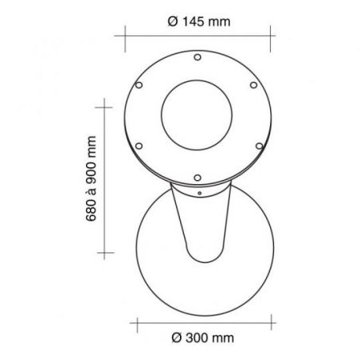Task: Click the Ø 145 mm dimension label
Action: point(199,22)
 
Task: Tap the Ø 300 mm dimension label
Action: point(203,338)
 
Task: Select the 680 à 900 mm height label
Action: point(91,178)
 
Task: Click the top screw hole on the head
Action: point(198,57)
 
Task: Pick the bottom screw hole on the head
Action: point(198,178)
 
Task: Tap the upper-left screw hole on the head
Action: point(139,85)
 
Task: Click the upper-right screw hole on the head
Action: point(253,85)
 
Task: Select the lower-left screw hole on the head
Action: point(139,146)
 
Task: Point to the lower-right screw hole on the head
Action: point(259,146)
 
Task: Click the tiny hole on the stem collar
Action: point(199,194)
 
